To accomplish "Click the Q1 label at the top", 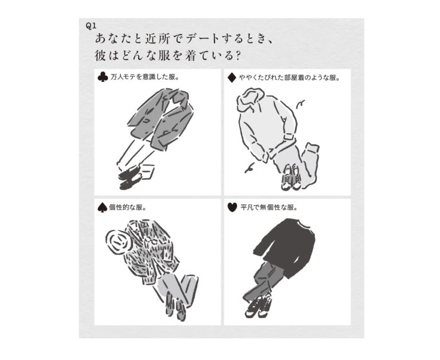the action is pyautogui.click(x=91, y=26).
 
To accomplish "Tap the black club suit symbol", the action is pyautogui.click(x=103, y=77).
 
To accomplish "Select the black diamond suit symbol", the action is pyautogui.click(x=232, y=78).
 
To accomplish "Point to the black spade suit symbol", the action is pyautogui.click(x=102, y=208).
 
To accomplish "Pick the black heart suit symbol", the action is pyautogui.click(x=233, y=208).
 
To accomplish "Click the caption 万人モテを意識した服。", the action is pyautogui.click(x=145, y=77).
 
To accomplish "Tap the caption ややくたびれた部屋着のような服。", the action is pyautogui.click(x=289, y=78).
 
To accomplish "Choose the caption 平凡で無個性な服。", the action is pyautogui.click(x=269, y=208).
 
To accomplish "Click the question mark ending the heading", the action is pyautogui.click(x=237, y=56).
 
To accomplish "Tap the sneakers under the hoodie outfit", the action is pyautogui.click(x=292, y=177).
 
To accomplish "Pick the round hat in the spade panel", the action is pyautogui.click(x=119, y=242).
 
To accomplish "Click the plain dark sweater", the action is pyautogui.click(x=285, y=247).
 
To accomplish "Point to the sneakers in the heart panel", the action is pyautogui.click(x=258, y=306).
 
